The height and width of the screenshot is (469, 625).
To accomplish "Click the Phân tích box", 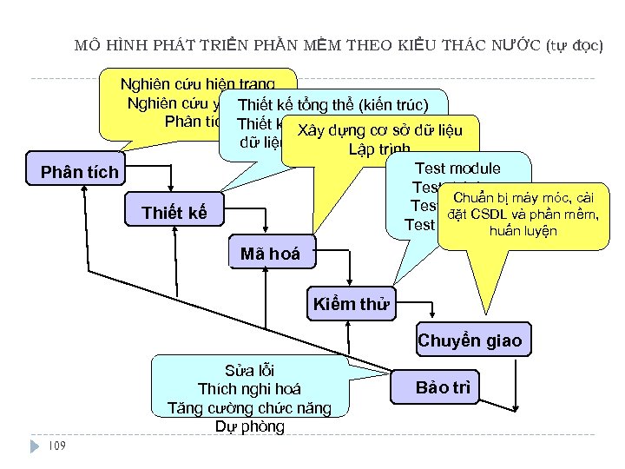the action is coord(79,172).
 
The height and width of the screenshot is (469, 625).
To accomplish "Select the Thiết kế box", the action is coord(174,213).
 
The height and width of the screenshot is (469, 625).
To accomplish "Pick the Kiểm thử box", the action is coord(351,305).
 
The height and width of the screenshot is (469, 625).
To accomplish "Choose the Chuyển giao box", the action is coord(470,340).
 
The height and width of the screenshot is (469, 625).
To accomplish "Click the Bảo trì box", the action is coord(443,387).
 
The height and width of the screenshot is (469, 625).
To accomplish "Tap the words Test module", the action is coord(458,168).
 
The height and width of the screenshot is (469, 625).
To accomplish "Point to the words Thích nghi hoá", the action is coord(249,388).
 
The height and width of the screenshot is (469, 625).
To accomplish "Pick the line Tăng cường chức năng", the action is coord(249,407).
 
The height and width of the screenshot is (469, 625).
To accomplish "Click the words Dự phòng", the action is coord(249,426).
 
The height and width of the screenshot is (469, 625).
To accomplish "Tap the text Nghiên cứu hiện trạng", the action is coord(199,84).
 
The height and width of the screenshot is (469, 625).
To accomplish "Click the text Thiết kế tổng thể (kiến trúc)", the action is coord(332,105).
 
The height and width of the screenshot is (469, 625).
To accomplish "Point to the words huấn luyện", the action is coord(523,232).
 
